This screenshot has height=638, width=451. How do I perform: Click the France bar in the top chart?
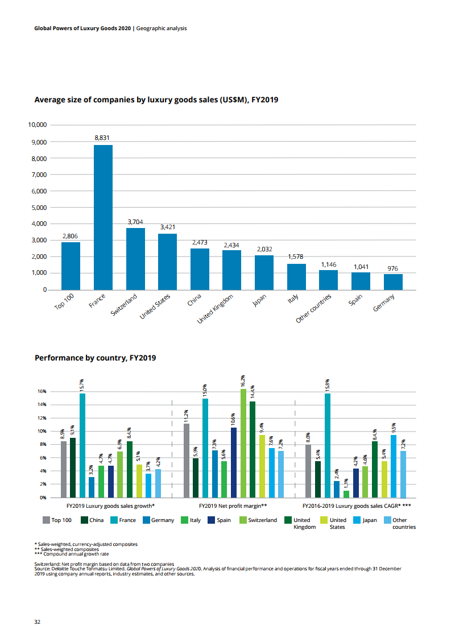(x=103, y=217)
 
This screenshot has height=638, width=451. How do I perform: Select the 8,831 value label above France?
(x=103, y=138)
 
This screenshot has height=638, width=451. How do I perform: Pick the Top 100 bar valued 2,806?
(x=71, y=266)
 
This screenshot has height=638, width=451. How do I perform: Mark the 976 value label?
(x=393, y=268)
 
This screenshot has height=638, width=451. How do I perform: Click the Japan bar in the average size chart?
(x=264, y=272)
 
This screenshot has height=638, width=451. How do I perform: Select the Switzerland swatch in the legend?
(x=243, y=520)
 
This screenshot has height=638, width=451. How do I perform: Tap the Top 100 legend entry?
(x=57, y=520)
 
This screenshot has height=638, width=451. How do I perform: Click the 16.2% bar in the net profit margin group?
(x=243, y=444)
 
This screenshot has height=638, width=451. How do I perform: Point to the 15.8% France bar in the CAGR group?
(x=328, y=445)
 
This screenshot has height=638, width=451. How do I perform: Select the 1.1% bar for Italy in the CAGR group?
(x=346, y=494)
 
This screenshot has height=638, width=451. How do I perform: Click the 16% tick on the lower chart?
(x=42, y=392)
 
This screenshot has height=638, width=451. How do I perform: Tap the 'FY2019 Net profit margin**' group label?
(x=233, y=505)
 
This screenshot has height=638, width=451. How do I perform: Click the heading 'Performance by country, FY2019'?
(x=95, y=358)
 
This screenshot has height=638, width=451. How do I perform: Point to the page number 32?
(x=37, y=622)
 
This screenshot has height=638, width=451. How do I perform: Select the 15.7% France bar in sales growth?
(x=82, y=445)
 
